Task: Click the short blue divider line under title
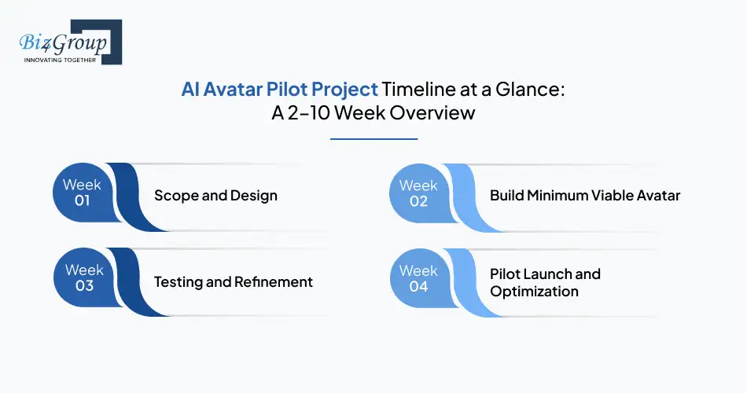point(373,139)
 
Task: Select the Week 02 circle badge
point(418,193)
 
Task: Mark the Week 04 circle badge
point(418,278)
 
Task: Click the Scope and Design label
point(215,195)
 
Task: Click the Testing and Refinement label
point(233,281)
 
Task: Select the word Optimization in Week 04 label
point(534,292)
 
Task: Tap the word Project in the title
point(340,90)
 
